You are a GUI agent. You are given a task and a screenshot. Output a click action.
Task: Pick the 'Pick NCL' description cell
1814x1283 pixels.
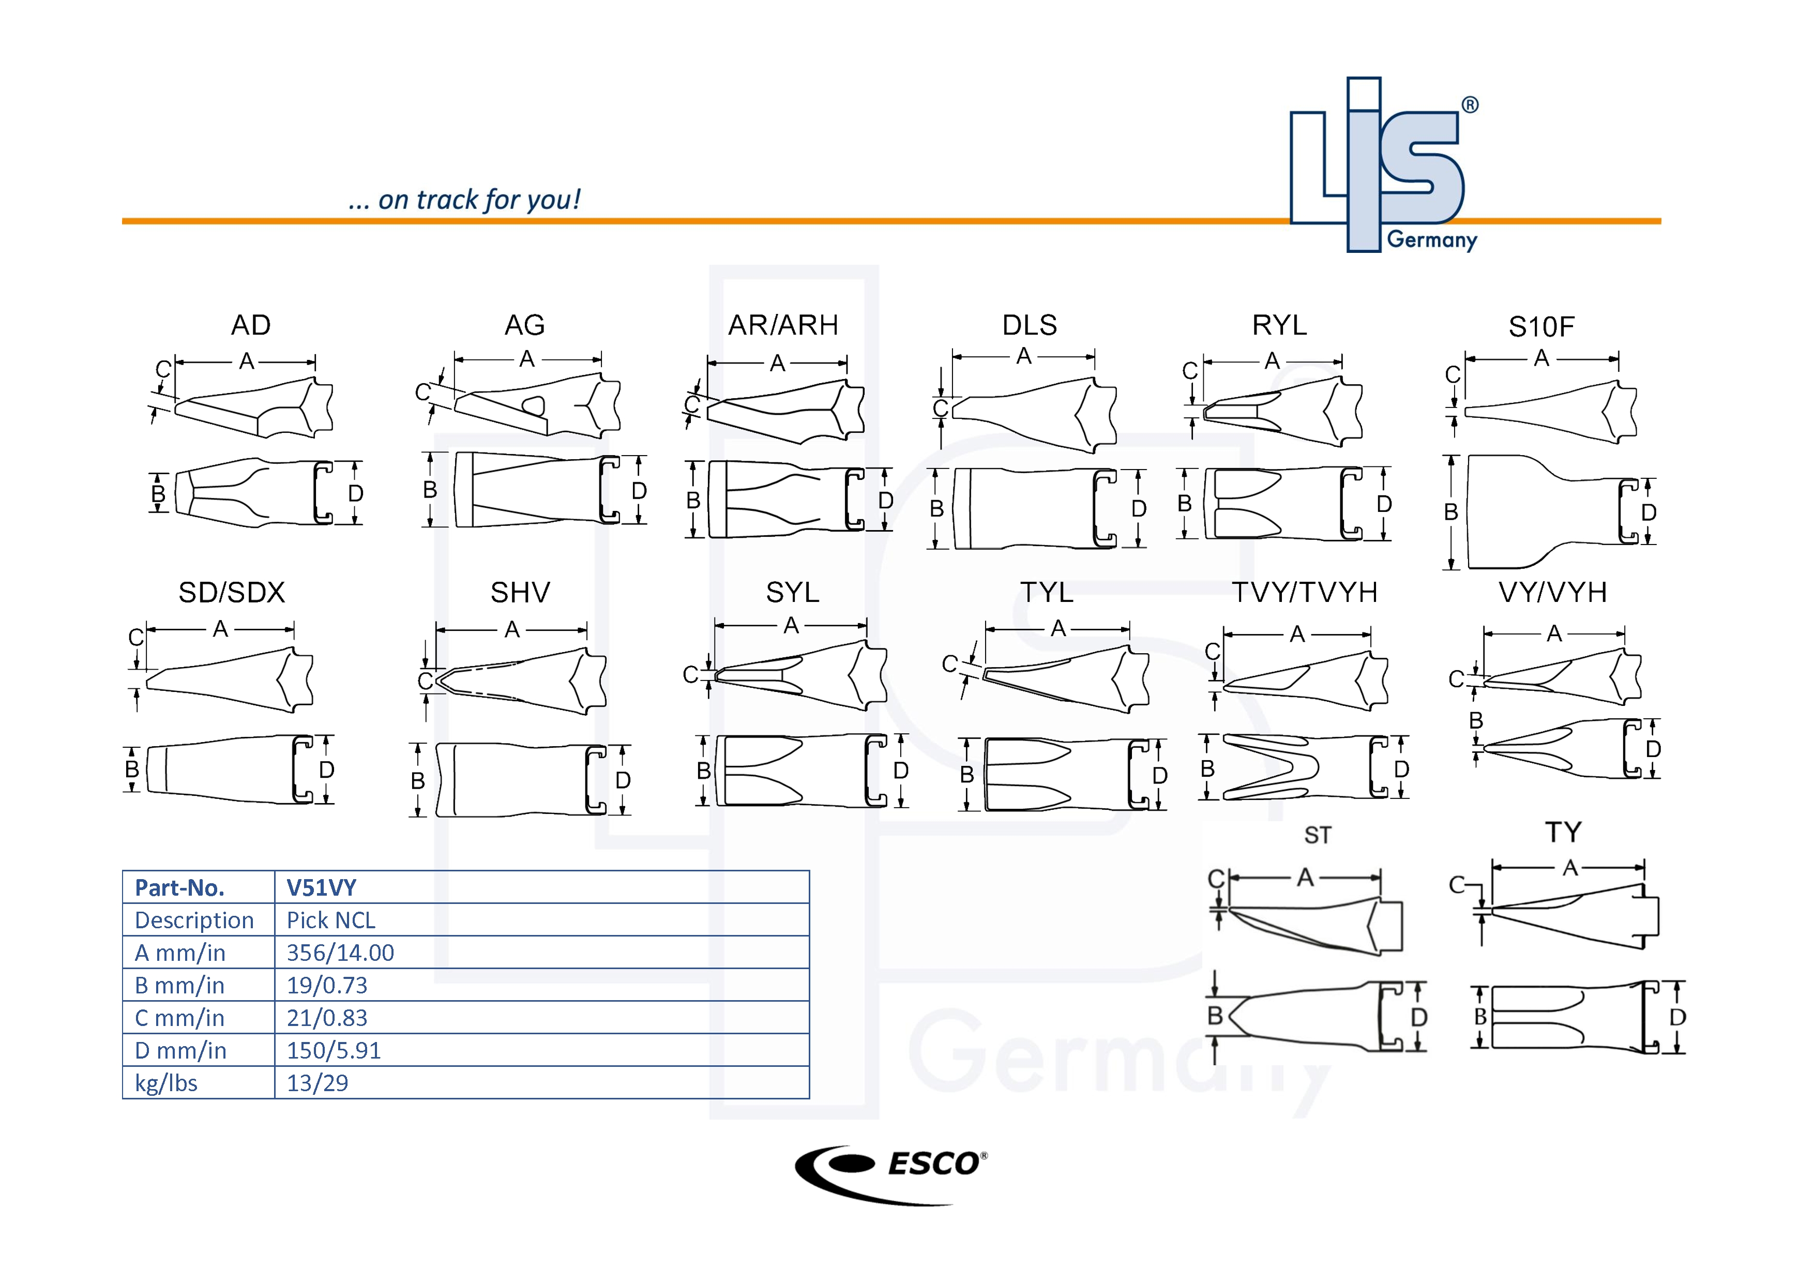[x=330, y=920]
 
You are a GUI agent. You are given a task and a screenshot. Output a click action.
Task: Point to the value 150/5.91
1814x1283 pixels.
[x=334, y=1051]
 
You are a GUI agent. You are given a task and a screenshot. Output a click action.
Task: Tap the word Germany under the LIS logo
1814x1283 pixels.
[x=1432, y=239]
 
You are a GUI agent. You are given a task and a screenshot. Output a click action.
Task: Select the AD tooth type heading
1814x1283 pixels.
[x=250, y=325]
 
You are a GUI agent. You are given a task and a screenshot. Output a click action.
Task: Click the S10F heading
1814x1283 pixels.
[x=1541, y=326]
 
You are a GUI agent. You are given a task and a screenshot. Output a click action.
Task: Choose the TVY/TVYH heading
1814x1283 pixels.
[x=1305, y=593]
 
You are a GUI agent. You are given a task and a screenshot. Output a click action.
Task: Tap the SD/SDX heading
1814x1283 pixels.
[x=232, y=593]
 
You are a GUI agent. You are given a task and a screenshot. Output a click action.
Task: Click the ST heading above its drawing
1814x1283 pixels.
[x=1317, y=835]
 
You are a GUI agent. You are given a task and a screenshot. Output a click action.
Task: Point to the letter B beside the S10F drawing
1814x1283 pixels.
[x=1450, y=512]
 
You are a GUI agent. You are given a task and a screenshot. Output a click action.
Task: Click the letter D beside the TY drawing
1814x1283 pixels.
[x=1677, y=1018]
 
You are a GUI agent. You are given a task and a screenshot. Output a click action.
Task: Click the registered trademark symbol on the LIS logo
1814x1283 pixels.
[x=1470, y=105]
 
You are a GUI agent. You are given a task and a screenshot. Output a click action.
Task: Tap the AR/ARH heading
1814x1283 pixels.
[x=783, y=325]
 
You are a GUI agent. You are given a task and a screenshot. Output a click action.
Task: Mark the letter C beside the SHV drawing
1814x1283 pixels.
[x=425, y=681]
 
